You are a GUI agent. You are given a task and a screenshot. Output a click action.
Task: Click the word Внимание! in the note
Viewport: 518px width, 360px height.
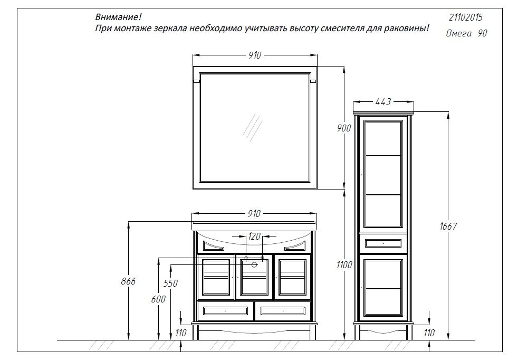118,17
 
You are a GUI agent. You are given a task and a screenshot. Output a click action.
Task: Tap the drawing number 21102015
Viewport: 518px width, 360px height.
465,17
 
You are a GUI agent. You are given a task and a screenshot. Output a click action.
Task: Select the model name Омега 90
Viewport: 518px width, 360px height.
466,33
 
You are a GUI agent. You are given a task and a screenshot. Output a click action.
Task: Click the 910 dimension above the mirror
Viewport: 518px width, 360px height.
255,55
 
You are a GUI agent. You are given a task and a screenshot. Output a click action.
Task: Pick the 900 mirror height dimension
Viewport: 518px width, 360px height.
344,128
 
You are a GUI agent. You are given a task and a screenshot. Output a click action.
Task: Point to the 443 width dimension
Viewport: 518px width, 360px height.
383,102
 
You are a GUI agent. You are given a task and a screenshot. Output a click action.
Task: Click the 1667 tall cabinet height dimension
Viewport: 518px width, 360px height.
448,226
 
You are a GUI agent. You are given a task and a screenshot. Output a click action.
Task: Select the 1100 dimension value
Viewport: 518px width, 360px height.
344,265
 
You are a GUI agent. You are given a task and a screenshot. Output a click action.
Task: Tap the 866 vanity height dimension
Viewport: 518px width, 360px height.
128,281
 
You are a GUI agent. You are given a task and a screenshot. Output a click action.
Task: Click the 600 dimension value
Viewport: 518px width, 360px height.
158,299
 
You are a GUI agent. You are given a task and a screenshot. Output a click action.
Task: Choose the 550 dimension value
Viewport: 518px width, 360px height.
170,283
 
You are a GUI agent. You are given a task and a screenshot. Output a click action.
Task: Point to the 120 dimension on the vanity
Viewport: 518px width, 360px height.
254,236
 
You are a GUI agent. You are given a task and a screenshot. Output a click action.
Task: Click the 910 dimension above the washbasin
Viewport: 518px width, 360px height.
254,214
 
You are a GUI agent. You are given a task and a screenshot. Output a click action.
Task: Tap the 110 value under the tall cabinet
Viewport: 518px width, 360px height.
429,333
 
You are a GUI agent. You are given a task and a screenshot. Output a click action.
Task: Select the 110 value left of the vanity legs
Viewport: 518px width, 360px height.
181,333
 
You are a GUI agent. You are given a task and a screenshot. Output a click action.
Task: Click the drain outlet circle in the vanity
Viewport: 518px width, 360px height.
254,264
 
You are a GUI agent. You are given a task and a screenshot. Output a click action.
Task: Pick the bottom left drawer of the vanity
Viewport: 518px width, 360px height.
226,311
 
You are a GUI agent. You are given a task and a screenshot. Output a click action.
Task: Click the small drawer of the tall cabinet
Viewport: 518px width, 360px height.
383,244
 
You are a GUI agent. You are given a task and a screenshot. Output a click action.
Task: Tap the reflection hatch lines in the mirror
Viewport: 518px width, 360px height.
252,128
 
